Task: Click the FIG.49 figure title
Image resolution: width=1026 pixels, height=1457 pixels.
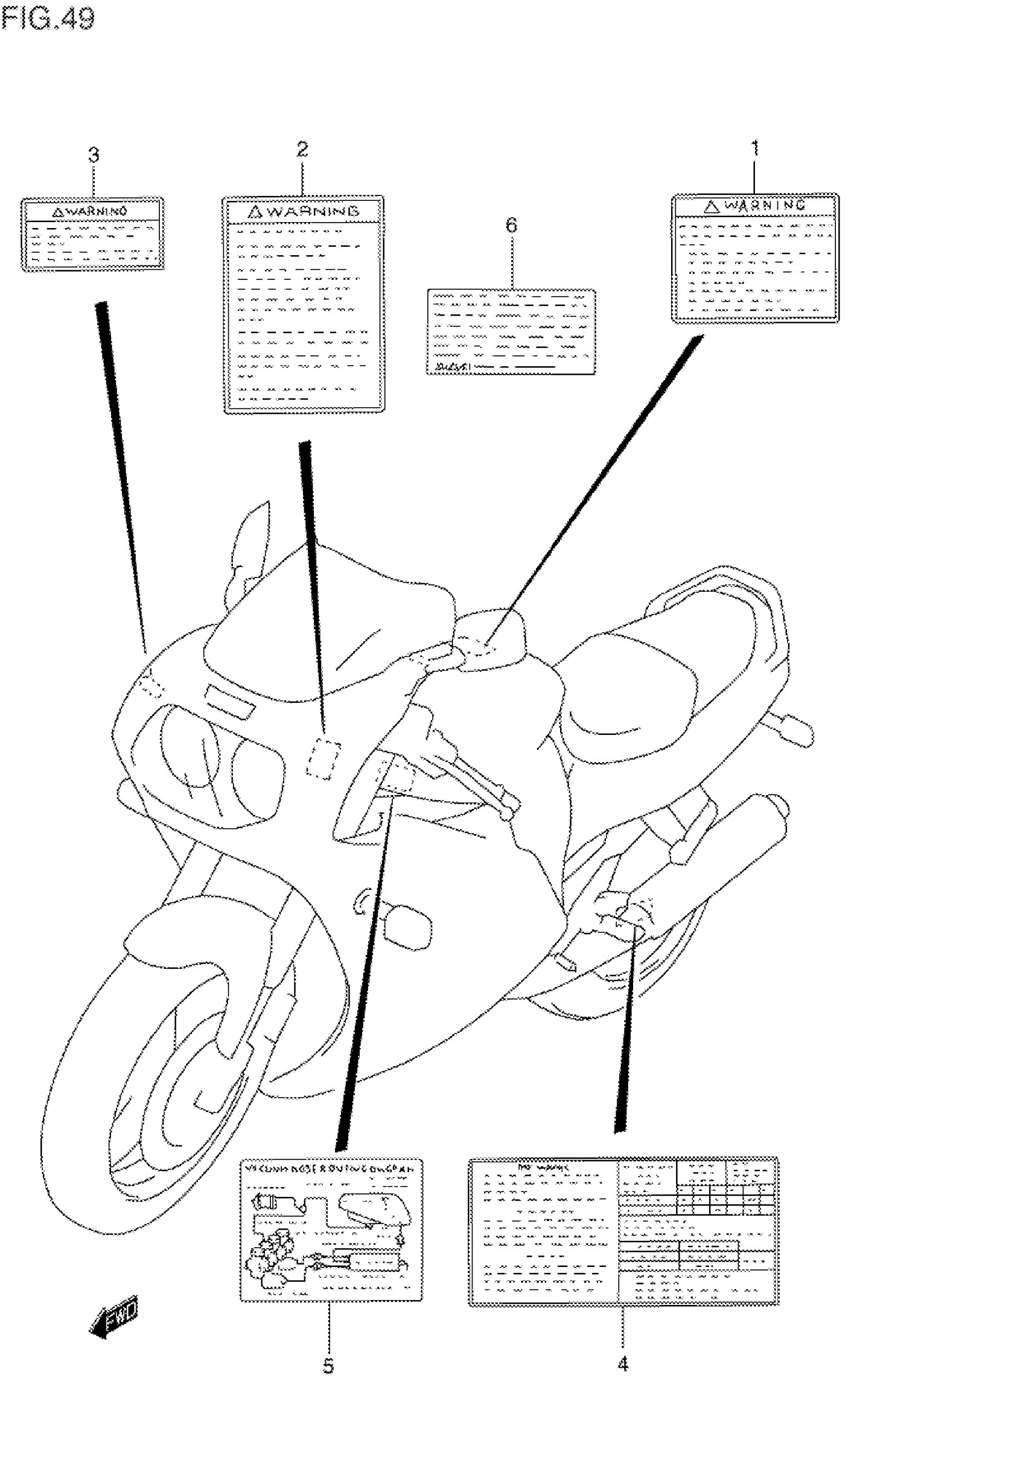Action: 48,17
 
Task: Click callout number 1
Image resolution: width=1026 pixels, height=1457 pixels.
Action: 754,149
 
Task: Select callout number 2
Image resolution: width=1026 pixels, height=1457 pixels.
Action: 302,150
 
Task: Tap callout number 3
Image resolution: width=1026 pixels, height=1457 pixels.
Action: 94,155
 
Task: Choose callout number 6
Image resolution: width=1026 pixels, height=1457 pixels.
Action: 511,225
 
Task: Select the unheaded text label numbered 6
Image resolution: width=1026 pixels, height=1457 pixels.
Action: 511,331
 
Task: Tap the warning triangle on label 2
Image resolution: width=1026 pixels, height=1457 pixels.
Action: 255,212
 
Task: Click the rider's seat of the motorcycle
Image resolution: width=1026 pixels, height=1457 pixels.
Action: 628,691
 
